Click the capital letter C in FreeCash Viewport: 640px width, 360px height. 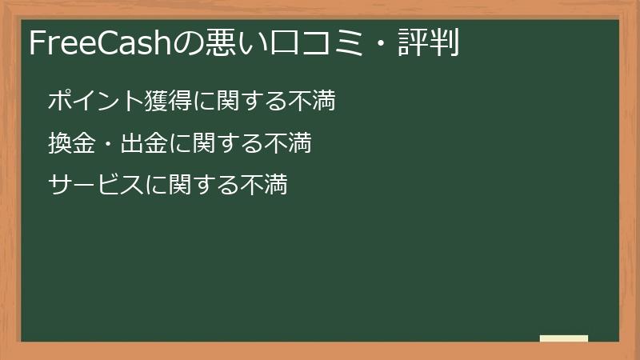112,43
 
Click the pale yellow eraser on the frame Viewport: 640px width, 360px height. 563,338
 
